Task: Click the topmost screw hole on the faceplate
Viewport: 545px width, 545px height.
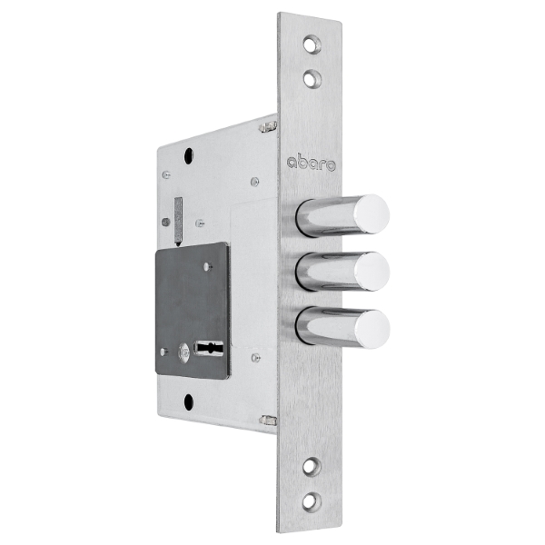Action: [312, 45]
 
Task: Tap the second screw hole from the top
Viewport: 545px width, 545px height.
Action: [312, 78]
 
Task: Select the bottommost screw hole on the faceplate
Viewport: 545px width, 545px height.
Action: [311, 501]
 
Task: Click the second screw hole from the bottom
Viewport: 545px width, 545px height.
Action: [312, 467]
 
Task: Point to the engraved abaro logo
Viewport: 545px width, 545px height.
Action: [311, 163]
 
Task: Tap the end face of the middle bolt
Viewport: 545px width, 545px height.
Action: [372, 271]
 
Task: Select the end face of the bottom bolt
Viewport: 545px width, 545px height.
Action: [372, 329]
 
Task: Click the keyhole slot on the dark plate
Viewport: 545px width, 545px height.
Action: [209, 348]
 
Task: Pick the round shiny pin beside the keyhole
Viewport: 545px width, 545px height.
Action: [183, 352]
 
